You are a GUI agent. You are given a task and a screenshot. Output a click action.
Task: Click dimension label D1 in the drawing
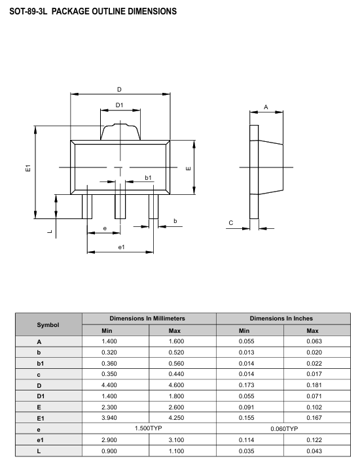pos(120,105)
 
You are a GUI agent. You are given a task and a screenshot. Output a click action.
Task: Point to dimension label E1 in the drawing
pos(27,169)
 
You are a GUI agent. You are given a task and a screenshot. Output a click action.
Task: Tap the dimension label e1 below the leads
pos(121,247)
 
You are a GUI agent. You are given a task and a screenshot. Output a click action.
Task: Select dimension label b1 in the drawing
pos(149,177)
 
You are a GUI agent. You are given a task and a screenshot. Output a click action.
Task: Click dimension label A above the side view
pos(266,106)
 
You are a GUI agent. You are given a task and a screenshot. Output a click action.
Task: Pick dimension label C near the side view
pos(230,223)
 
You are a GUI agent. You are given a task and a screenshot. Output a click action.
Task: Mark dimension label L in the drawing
pos(50,230)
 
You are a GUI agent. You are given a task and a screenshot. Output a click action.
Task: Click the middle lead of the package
pos(120,207)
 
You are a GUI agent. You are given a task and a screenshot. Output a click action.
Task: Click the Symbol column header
pos(48,324)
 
